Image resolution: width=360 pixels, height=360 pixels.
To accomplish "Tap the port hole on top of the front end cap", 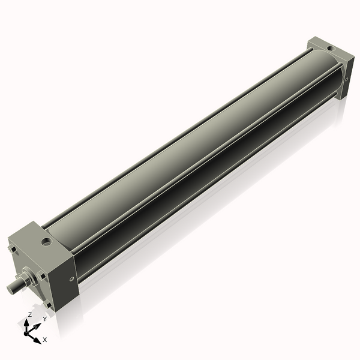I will point(45,242).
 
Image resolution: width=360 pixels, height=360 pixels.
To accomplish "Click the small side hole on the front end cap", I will point(71,278).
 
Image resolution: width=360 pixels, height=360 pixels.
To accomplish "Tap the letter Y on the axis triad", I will point(44,319).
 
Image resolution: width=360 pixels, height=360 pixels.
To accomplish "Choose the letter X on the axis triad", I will point(45,340).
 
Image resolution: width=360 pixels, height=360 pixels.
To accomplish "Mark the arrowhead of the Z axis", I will point(27,322).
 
